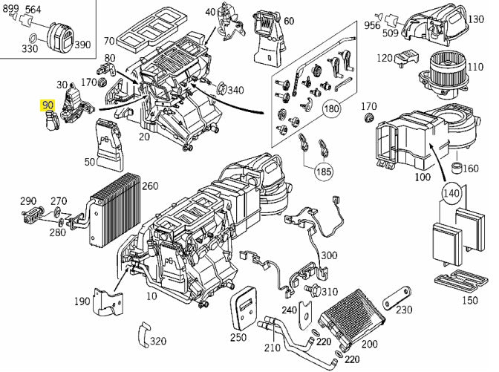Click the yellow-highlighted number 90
pos(49,105)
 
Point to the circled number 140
pos(450,193)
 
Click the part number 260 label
pos(150,185)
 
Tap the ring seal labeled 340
pos(221,91)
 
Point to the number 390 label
pos(82,45)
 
